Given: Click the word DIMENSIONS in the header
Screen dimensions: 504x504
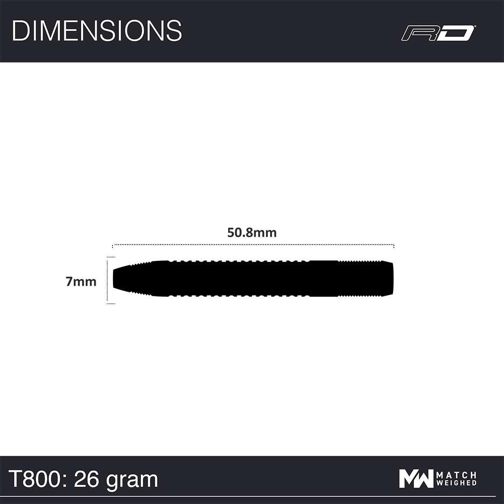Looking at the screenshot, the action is click(x=97, y=30).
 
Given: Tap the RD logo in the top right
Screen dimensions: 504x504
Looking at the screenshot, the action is click(x=438, y=33).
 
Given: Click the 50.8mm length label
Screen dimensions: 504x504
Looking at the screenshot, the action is click(x=252, y=233).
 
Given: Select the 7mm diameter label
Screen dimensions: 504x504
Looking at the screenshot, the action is click(x=81, y=281).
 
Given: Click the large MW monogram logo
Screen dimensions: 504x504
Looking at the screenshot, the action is click(x=416, y=479).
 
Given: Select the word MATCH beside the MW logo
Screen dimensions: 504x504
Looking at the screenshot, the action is click(x=456, y=475).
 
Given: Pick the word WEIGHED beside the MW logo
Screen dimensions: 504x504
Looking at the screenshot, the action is click(x=456, y=483).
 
